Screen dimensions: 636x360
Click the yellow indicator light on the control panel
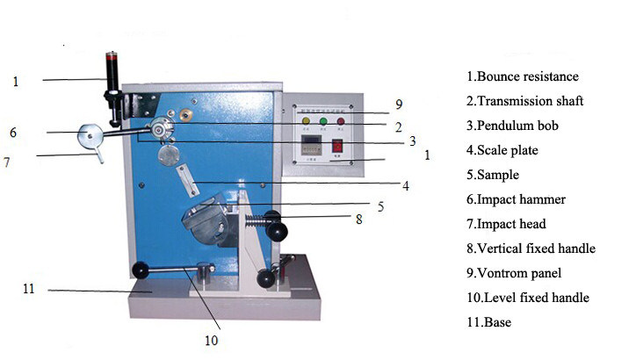pos(306,121)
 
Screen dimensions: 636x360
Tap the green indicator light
pos(323,121)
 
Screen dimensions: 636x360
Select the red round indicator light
pos(341,121)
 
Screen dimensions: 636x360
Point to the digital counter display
pos(311,146)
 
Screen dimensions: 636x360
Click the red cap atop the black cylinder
pos(112,61)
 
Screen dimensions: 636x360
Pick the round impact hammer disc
pos(90,136)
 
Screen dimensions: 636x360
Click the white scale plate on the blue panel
pos(188,180)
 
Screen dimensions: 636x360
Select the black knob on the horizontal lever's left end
pos(141,270)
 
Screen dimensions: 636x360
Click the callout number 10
pos(212,341)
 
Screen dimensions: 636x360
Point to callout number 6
pos(13,133)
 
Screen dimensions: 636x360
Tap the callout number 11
pos(29,289)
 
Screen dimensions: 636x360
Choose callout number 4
pos(406,186)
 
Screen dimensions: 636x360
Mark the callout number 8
pos(359,220)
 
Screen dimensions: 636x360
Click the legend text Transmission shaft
pos(531,101)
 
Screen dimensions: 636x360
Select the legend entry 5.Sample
pos(493,175)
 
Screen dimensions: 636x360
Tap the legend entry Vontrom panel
pos(519,273)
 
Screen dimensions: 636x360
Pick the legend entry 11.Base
pos(488,322)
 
